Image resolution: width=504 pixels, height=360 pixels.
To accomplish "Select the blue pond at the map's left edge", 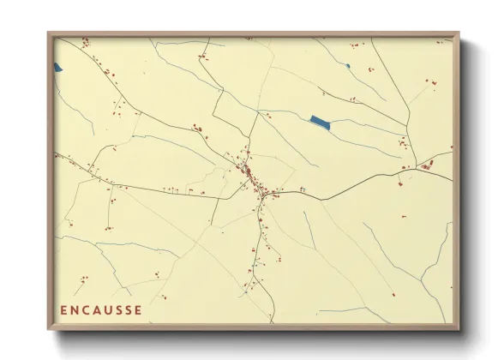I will (x=57, y=67).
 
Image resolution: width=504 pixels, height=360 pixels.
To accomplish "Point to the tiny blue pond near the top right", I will (x=348, y=65).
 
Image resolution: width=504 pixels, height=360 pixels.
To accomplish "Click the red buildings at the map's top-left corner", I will (x=84, y=42).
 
